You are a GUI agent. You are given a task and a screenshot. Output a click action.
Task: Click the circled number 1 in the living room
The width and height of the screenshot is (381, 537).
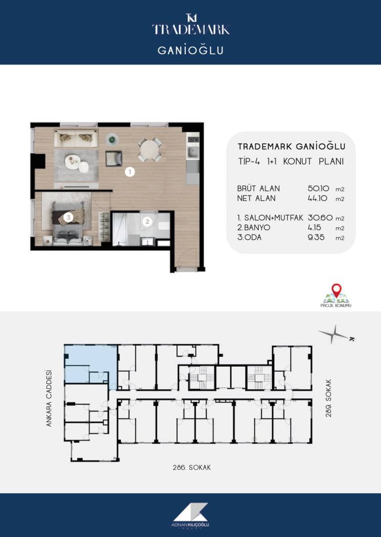130,171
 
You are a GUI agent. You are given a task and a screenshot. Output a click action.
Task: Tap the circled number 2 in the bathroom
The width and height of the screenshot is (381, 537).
147,222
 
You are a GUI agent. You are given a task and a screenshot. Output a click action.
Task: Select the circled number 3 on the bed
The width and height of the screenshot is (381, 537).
69,217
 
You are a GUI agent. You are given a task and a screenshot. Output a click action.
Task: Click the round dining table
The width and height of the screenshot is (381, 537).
150,149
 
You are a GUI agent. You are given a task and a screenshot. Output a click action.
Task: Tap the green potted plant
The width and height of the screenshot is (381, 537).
112,139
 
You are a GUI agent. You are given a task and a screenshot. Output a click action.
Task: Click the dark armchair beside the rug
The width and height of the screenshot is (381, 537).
114,158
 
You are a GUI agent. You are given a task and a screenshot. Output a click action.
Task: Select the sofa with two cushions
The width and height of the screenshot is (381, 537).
76,138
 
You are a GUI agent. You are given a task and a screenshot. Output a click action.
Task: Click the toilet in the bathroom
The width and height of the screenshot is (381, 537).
163,226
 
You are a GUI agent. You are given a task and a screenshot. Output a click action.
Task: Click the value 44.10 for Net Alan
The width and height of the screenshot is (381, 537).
317,198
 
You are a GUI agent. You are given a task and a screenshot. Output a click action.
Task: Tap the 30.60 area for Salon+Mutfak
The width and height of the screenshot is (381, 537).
320,218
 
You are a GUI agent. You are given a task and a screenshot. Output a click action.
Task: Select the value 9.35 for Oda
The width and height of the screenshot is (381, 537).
317,238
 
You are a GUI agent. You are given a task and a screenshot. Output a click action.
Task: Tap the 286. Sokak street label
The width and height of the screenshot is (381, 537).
192,467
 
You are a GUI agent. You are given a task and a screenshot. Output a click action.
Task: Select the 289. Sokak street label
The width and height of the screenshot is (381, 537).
330,398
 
